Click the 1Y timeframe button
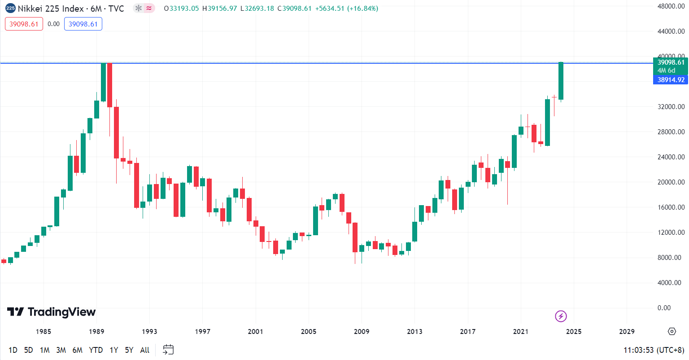[x=114, y=350]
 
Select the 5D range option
[x=29, y=350]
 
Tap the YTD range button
[x=96, y=350]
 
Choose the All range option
[x=144, y=350]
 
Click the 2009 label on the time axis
[x=362, y=332]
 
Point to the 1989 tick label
[x=96, y=332]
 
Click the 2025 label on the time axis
[x=574, y=332]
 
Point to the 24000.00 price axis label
[x=671, y=157]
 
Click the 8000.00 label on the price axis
[x=671, y=258]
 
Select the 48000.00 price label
[x=671, y=6]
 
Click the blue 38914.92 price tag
[x=671, y=80]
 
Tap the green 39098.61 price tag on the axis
[x=671, y=62]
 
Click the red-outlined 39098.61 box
[x=24, y=24]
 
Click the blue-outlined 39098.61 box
[x=83, y=24]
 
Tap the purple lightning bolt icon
[x=561, y=316]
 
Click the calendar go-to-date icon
[x=168, y=350]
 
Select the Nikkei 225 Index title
[x=51, y=9]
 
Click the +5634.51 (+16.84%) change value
[x=347, y=9]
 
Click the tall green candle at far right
[x=561, y=81]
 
